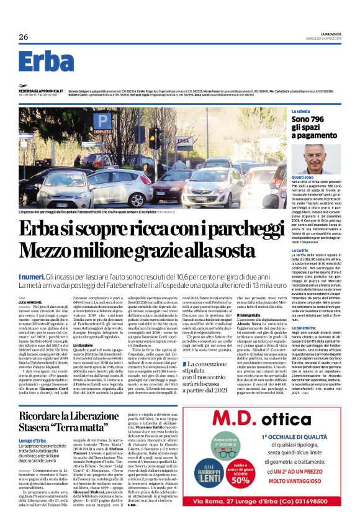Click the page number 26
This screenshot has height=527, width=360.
pyautogui.click(x=23, y=37)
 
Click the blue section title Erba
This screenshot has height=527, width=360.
pyautogui.click(x=46, y=62)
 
